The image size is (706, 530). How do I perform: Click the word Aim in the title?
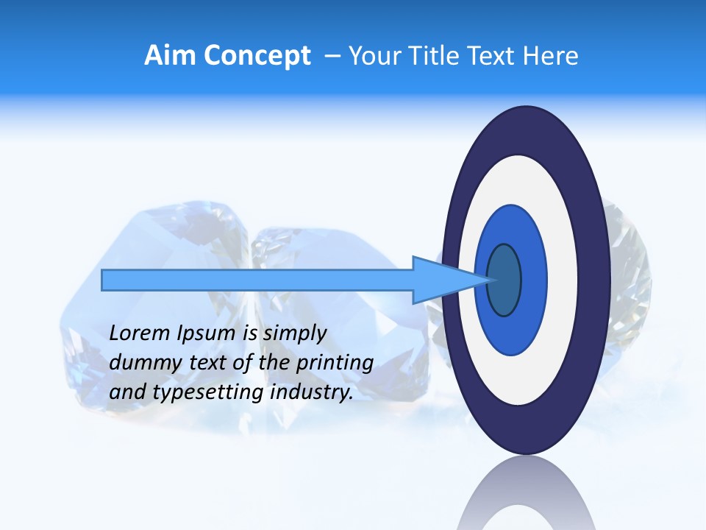tap(171, 56)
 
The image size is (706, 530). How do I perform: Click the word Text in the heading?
tap(491, 56)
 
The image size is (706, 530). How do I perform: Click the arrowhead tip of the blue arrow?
tap(488, 280)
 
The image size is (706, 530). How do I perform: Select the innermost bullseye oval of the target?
tap(504, 280)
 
